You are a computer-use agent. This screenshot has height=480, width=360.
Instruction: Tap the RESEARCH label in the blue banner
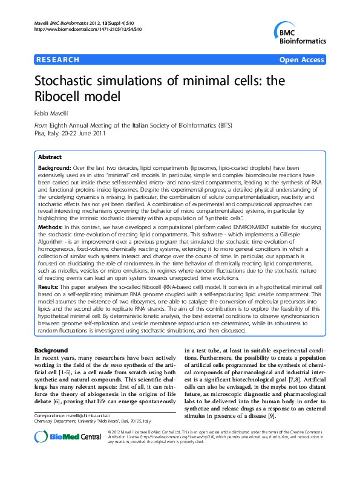pos(58,60)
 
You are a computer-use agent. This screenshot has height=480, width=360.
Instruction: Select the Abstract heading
pos(50,157)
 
